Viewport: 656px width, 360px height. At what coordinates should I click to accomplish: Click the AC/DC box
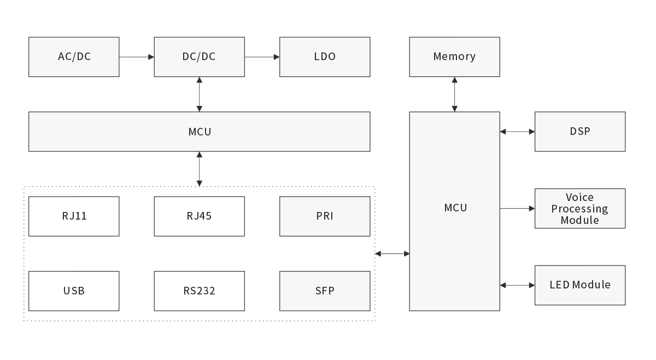point(74,57)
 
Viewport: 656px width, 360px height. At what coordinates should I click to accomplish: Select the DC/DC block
point(199,57)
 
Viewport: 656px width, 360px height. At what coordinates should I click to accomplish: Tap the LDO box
point(325,57)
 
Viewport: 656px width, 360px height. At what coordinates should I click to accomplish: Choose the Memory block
point(454,57)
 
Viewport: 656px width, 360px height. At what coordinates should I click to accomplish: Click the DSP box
point(580,132)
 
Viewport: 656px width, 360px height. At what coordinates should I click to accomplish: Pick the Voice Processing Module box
point(580,209)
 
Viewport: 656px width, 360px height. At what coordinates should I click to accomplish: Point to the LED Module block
point(580,285)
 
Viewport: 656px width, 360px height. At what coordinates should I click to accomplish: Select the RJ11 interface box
point(74,216)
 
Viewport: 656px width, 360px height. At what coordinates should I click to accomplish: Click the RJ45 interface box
point(199,216)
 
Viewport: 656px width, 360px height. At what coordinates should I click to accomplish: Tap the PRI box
point(325,216)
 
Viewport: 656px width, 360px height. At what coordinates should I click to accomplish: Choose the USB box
point(74,291)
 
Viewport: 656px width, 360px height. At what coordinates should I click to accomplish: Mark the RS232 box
point(199,291)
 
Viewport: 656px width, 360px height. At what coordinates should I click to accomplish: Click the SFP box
point(325,291)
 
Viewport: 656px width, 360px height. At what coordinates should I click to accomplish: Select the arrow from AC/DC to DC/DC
point(137,56)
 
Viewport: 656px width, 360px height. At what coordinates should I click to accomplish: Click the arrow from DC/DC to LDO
point(262,56)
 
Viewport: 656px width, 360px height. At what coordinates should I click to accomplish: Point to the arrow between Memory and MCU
point(454,95)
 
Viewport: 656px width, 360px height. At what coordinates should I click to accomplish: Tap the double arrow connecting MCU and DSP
point(517,132)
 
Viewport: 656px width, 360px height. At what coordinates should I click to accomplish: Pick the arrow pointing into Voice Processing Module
point(517,209)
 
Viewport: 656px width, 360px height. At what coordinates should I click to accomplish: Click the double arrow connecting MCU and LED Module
point(517,285)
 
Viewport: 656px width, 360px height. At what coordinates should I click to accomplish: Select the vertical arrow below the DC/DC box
point(199,95)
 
